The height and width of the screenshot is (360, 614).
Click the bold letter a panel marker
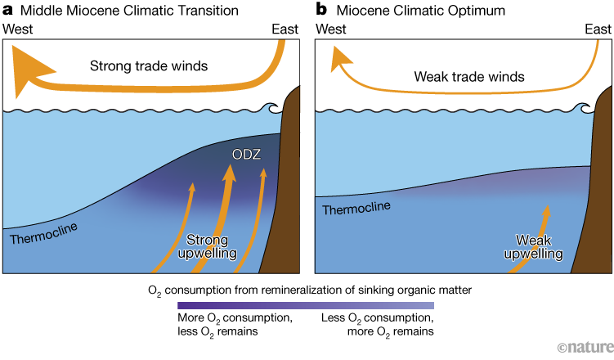coord(7,10)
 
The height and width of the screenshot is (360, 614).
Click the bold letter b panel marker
coord(321,10)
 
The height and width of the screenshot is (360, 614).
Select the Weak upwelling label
coord(532,247)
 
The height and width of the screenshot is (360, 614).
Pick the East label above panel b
coord(598,29)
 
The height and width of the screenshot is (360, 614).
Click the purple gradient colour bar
coord(304,305)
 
